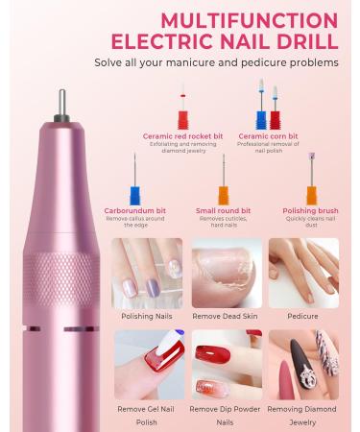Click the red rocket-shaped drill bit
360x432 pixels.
tap(177, 106)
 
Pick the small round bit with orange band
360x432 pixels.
tap(224, 179)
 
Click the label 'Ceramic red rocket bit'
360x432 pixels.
tap(177, 136)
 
